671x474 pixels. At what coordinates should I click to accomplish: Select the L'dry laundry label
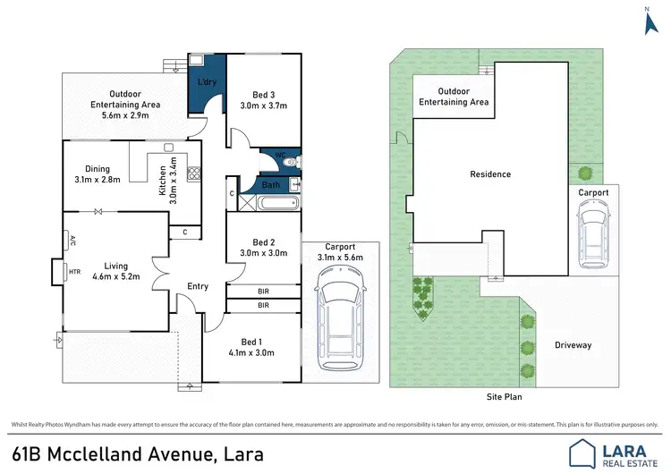[x=207, y=83]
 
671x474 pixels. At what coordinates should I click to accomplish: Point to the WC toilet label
[x=280, y=155]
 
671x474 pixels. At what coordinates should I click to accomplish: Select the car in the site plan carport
[x=593, y=234]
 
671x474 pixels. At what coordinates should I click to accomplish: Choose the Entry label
[x=198, y=286]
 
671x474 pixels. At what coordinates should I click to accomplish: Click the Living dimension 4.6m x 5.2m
[x=116, y=277]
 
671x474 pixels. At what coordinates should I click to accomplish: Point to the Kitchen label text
[x=161, y=185]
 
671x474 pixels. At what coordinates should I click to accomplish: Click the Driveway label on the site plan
[x=573, y=344]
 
